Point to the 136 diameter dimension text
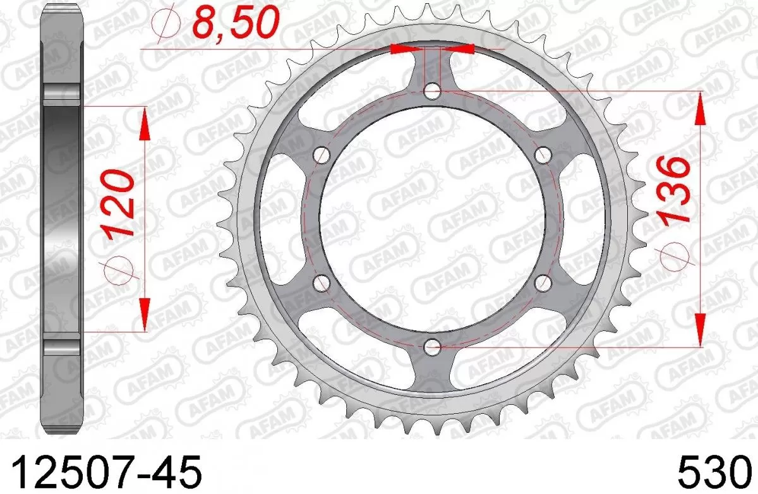(673, 190)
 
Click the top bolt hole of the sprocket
(433, 92)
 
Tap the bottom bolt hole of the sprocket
(433, 346)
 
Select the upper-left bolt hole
(322, 155)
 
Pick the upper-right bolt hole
(543, 155)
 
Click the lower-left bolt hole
(322, 282)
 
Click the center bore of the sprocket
(433, 219)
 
